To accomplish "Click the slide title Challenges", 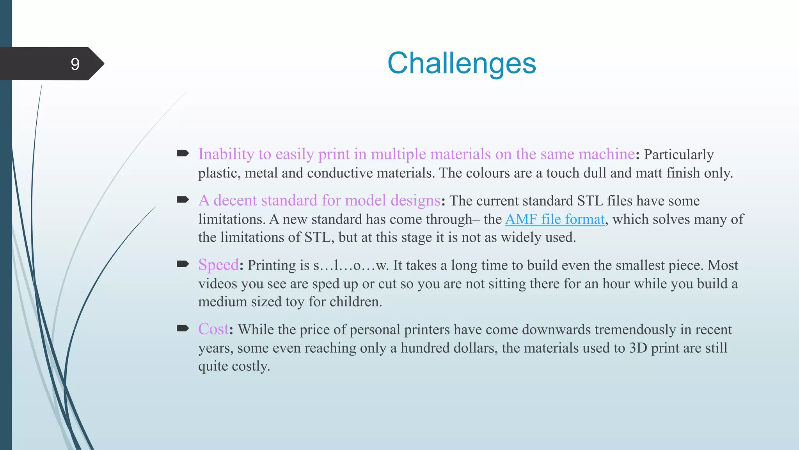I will pos(462,63).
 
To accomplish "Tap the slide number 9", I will pos(75,64).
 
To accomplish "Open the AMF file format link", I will pos(554,220).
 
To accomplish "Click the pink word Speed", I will pos(218,265).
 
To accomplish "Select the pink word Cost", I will pos(213,329).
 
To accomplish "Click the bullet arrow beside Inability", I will pos(183,153).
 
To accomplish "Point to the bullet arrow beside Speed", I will pos(183,264).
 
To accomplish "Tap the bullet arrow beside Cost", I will pos(183,329).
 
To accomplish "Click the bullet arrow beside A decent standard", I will pos(183,200).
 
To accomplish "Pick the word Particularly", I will pos(678,155).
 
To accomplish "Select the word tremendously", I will pos(635,330).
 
